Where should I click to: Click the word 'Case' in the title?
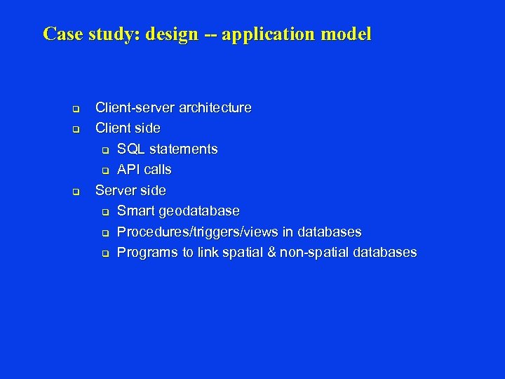point(63,34)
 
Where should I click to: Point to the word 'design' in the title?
point(173,34)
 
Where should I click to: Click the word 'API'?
point(129,170)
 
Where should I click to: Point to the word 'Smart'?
point(136,211)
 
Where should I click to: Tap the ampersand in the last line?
point(270,253)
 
